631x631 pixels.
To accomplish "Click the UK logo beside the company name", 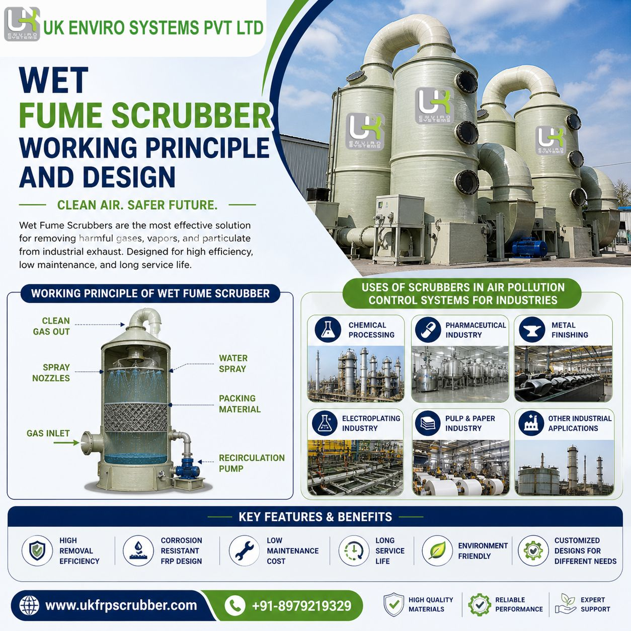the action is pos(22,24).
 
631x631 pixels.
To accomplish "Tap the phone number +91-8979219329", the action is pos(301,606).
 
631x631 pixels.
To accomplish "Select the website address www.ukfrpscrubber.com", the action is pos(121,605).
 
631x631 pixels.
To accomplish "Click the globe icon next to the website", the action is pos(29,605).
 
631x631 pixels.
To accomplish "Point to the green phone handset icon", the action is pos(235,605).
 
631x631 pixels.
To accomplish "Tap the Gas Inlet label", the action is pos(48,433).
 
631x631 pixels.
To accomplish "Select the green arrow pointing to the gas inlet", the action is pos(66,443).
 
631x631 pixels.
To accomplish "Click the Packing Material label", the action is pos(240,404).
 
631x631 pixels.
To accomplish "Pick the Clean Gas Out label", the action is pos(51,326).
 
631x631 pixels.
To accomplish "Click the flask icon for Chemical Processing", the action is pos(328,330).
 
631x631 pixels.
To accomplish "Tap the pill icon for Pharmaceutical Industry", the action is pos(428,330).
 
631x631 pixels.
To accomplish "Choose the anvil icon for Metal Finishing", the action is pos(532,330).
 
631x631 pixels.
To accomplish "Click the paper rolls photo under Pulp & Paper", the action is pos(460,467).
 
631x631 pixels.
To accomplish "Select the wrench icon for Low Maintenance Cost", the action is pos(244,550).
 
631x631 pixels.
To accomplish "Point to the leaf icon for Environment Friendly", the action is pos(437,550).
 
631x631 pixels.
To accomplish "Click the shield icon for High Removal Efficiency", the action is pos(37,550).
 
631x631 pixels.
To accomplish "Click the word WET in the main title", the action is pos(54,80).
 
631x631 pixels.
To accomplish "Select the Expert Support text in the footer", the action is pos(595,604).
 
